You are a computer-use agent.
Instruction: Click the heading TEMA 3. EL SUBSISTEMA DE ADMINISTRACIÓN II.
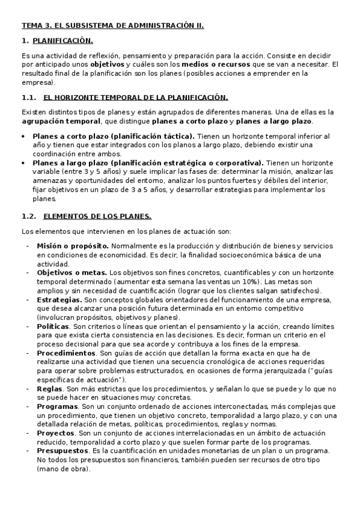coord(113,26)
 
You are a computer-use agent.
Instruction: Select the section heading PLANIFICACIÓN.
coord(63,41)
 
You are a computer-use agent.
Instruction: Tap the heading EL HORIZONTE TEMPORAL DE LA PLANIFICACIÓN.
coord(136,97)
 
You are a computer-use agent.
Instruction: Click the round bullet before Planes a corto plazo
coord(23,136)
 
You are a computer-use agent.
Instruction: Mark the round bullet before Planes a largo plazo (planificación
coord(23,163)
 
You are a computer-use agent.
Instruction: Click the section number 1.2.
coord(29,217)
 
